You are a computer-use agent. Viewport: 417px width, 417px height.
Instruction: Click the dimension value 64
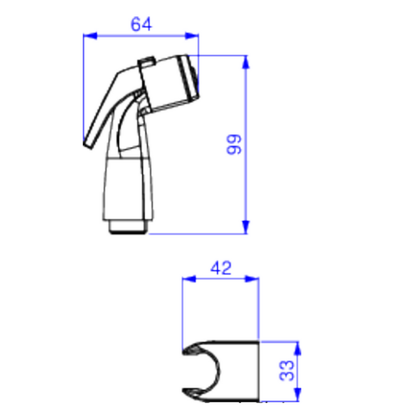(141, 24)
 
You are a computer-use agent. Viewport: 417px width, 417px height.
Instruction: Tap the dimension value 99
(234, 144)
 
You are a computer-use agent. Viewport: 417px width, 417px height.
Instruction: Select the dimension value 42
(220, 268)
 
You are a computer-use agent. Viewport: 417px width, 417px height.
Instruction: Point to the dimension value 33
(287, 371)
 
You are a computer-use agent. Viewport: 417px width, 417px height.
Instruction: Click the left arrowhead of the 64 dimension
(90, 35)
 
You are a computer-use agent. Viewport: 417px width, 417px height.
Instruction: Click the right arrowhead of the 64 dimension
(192, 35)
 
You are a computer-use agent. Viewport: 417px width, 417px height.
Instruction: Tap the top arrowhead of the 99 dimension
(246, 62)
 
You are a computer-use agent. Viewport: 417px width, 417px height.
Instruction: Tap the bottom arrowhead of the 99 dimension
(246, 227)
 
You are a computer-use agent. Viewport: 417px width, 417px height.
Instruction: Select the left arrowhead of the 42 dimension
(189, 279)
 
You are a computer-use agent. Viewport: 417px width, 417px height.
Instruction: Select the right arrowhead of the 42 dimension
(252, 279)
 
